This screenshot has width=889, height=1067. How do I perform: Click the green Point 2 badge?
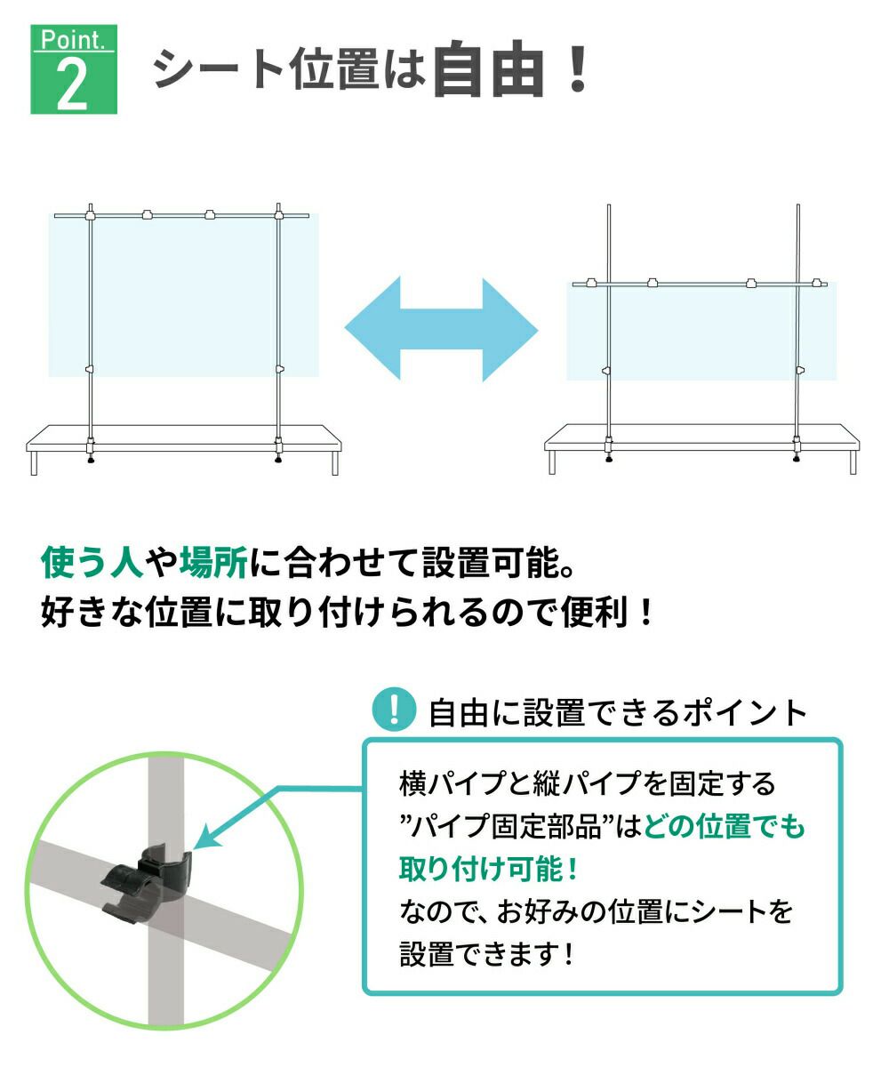coord(74,69)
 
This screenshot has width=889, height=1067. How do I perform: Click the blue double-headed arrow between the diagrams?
coord(441,330)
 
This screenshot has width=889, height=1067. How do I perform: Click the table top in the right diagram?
coord(702,437)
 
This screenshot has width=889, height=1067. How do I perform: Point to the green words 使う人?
coord(92,562)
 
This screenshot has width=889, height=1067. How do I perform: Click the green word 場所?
coord(212,562)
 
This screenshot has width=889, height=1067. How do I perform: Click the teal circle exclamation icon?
coord(391,710)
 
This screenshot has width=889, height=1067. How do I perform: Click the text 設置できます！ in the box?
coord(487,955)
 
